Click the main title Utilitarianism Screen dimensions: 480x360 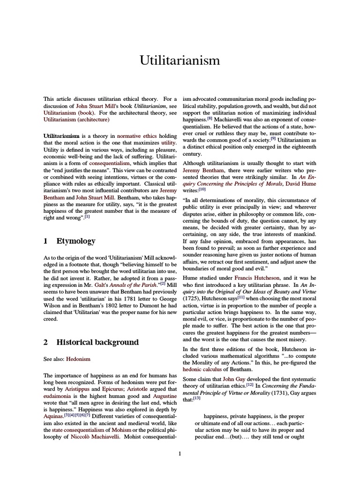[x=180, y=61]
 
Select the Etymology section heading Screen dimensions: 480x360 [x=76, y=241]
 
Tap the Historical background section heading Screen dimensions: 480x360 [x=97, y=342]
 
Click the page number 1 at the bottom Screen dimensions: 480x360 [x=180, y=453]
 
